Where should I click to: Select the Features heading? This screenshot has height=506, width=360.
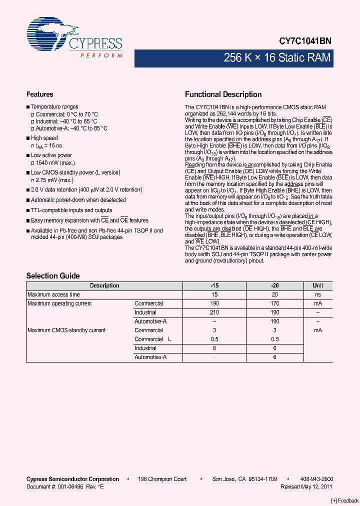[x=39, y=94]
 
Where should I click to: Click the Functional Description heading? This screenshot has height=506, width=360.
[x=223, y=94]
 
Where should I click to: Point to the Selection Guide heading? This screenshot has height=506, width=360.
[x=53, y=276]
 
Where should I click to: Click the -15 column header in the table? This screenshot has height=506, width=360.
[x=214, y=285]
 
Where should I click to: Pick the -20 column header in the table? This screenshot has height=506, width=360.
[x=274, y=285]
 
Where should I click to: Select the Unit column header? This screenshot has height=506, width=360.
[x=317, y=285]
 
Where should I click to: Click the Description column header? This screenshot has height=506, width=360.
[x=104, y=285]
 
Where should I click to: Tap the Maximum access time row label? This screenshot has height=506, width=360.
[x=53, y=294]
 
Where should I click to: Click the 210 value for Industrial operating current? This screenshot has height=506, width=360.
[x=214, y=312]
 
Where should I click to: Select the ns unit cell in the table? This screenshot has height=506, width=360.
[x=317, y=294]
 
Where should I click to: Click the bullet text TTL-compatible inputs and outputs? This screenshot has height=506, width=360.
[x=71, y=210]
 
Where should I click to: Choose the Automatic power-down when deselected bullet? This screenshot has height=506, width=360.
[x=78, y=200]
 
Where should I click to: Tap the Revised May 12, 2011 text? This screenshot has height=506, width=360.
[x=306, y=486]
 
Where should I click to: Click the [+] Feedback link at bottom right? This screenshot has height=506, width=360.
[x=345, y=500]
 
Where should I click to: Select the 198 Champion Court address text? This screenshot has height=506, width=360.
[x=162, y=479]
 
